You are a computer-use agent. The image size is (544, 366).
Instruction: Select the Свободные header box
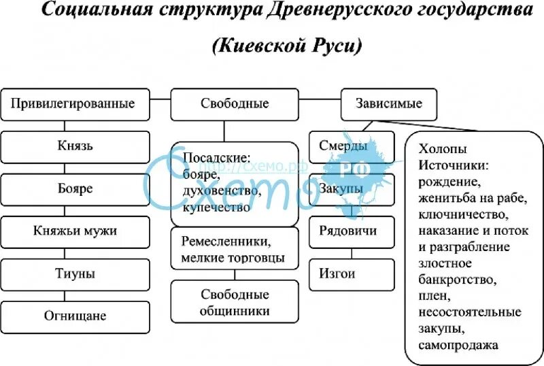pyautogui.click(x=235, y=104)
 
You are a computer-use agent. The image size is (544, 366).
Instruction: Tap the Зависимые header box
pyautogui.click(x=388, y=104)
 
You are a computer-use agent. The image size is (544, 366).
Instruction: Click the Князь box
pyautogui.click(x=75, y=146)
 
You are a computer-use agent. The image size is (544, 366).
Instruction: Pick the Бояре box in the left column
pyautogui.click(x=75, y=189)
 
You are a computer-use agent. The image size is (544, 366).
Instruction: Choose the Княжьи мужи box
pyautogui.click(x=75, y=231)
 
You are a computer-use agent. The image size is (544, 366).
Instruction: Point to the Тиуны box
pyautogui.click(x=75, y=274)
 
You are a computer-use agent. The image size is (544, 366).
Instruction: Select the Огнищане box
pyautogui.click(x=75, y=316)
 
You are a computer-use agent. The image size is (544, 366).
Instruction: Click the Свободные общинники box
pyautogui.click(x=235, y=303)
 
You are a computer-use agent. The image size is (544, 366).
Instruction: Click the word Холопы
pyautogui.click(x=443, y=149)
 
